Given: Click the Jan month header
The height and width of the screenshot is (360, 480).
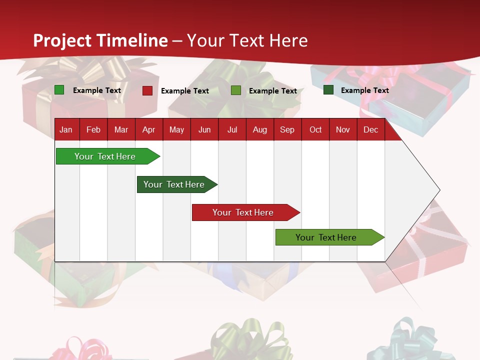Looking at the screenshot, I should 66,129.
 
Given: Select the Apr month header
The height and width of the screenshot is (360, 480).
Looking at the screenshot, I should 148,129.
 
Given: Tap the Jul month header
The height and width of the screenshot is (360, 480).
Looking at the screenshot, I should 232,129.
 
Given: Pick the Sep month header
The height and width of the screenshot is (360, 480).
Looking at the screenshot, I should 287,129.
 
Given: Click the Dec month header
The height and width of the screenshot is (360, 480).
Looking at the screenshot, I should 370,129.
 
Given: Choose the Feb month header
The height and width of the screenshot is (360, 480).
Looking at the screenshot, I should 93,129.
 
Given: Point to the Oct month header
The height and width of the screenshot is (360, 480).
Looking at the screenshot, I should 315,129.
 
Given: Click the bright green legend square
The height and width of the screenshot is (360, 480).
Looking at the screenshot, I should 59,90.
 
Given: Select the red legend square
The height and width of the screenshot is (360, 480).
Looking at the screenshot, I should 147,90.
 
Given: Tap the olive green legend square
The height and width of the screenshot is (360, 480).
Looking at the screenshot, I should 235,90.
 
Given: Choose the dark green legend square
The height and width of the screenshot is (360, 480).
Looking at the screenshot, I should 328,90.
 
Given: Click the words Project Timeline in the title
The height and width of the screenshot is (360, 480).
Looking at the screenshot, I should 100,40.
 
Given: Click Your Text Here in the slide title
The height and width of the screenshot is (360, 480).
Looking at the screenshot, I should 247,40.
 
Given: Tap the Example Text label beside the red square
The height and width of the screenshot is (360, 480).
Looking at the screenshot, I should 184,91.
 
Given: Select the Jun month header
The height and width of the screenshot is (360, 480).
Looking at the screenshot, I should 204,129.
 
